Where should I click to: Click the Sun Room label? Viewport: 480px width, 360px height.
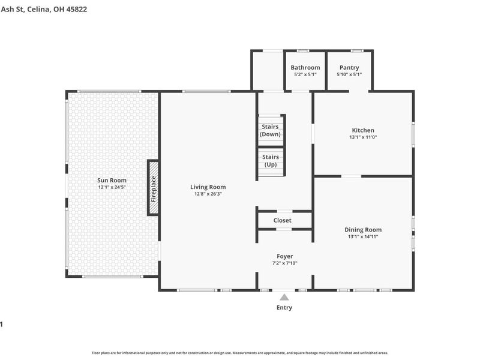[112, 180]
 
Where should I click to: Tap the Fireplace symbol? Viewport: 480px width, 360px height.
[154, 187]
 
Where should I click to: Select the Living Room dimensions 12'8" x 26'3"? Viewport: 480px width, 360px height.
[208, 194]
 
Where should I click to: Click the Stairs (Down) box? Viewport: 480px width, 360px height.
[270, 130]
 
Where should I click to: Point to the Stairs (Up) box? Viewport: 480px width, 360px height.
[270, 160]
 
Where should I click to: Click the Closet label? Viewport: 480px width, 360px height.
[283, 220]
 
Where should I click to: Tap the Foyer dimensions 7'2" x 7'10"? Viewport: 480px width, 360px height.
[284, 263]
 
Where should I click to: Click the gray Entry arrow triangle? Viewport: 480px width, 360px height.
[284, 296]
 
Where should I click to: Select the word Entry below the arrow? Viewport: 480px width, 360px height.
[284, 308]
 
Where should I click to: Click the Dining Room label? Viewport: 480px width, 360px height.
[363, 230]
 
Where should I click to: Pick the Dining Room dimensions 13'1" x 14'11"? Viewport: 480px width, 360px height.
[363, 236]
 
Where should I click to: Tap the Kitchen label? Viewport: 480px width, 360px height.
[363, 130]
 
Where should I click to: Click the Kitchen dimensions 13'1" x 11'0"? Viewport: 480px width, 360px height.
[363, 137]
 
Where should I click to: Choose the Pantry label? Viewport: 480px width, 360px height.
[349, 68]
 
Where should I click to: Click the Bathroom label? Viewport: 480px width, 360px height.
[305, 68]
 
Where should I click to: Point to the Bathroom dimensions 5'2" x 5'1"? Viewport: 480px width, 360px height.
[305, 74]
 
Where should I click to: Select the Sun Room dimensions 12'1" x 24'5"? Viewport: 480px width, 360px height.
[112, 187]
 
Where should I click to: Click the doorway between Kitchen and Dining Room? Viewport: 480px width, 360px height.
[351, 176]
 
